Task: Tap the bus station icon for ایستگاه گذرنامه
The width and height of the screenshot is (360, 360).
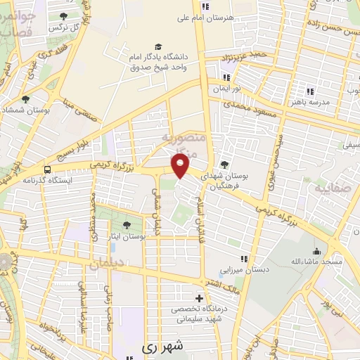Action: coord(47,169)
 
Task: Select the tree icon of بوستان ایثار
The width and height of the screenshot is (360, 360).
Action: coord(126,225)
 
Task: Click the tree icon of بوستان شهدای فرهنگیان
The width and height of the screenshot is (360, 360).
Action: coord(225,164)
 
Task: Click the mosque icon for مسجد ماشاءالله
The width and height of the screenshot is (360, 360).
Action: coord(317,251)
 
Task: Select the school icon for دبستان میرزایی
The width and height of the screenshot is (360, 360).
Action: coord(245,259)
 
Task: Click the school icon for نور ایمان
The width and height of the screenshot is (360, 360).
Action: coord(226,77)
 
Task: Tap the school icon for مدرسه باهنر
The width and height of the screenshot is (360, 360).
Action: coord(309,91)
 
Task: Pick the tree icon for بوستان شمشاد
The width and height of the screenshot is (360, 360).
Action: coord(26,99)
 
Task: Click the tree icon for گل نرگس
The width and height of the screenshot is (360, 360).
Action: coord(64,16)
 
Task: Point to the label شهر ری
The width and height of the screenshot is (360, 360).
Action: coord(161,346)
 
